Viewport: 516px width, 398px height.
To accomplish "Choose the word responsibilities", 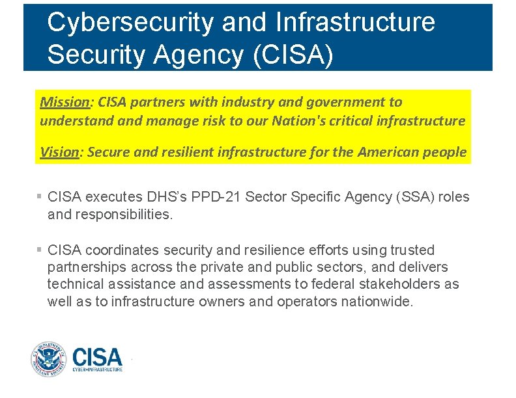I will [123, 214].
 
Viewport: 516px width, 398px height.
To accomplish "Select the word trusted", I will [412, 250].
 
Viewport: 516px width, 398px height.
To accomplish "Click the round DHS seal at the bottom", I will [48, 359].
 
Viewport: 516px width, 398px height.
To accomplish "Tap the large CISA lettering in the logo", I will [97, 356].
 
